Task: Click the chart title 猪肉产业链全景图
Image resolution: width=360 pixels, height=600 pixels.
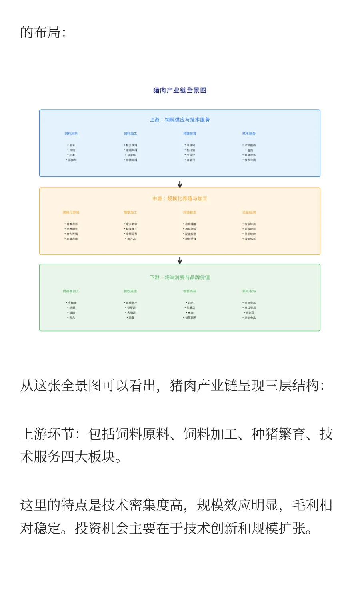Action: pos(180,90)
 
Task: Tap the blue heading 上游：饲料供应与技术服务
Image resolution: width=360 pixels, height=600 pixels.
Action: pos(180,120)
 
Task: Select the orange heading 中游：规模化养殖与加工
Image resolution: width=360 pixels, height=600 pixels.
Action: pos(180,198)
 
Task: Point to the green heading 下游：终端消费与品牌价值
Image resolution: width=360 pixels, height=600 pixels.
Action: pos(180,277)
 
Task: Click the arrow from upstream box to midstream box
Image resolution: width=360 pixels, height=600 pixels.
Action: pos(180,184)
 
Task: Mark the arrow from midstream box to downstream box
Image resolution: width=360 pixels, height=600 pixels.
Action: pos(180,260)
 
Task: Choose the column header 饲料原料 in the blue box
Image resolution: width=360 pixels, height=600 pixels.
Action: pos(71,134)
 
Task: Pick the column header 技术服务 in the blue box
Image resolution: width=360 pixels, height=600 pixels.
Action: pos(249,134)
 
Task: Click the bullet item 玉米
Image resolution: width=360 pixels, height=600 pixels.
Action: pos(72,145)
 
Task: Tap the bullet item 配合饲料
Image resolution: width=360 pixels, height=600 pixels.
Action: pos(131,145)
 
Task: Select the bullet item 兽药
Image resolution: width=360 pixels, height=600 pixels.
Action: pos(250,150)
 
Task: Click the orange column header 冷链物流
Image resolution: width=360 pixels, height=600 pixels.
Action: pos(190,212)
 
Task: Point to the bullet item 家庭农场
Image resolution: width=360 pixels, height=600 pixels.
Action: pos(72,239)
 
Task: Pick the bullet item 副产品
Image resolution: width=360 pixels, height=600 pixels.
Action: pos(131,239)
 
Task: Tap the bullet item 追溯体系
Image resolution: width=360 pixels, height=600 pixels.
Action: pos(250,239)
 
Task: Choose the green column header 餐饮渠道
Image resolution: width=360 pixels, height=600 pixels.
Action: pos(130,291)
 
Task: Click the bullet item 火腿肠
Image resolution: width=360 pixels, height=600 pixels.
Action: pos(72,303)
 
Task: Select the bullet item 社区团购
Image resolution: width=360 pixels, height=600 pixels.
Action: pos(190,318)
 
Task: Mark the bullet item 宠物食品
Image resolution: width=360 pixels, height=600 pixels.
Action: pos(250,303)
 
